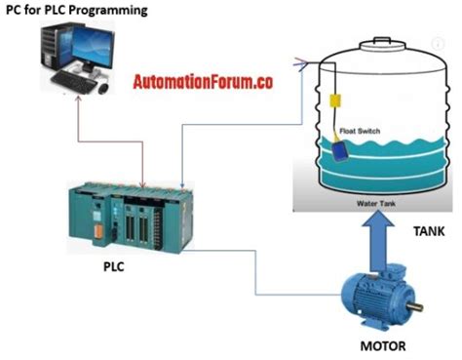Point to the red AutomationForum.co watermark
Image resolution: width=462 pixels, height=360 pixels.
(202, 83)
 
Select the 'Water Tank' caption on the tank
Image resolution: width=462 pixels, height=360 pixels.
(375, 204)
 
